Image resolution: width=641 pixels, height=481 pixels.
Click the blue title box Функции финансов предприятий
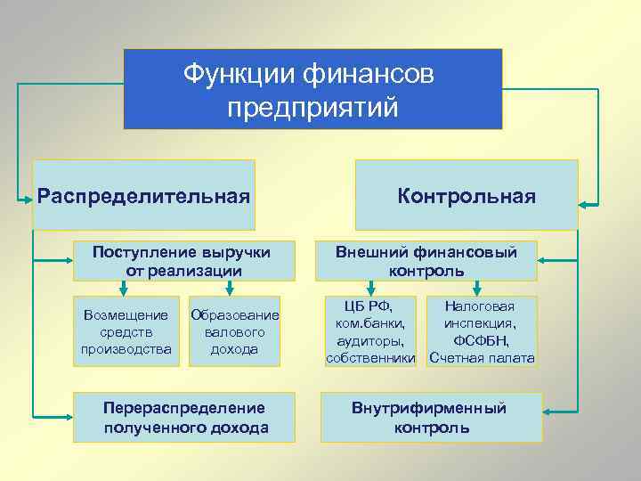coord(312,89)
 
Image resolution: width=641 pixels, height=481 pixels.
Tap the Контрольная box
coord(467,195)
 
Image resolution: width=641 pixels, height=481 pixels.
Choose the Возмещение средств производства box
coord(126,331)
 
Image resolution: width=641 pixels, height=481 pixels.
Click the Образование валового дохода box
coord(234,331)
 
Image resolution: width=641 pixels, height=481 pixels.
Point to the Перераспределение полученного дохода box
coord(185,417)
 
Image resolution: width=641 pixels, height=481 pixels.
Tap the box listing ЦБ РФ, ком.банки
coord(370,331)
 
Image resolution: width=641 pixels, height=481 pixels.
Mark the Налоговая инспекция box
coord(482,331)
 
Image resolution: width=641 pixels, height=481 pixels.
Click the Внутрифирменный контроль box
coord(432,417)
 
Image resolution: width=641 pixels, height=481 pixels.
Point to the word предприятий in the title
coord(312,108)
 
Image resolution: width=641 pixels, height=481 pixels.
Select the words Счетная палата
coord(482,358)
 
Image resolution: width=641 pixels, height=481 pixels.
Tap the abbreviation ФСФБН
coord(482,340)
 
